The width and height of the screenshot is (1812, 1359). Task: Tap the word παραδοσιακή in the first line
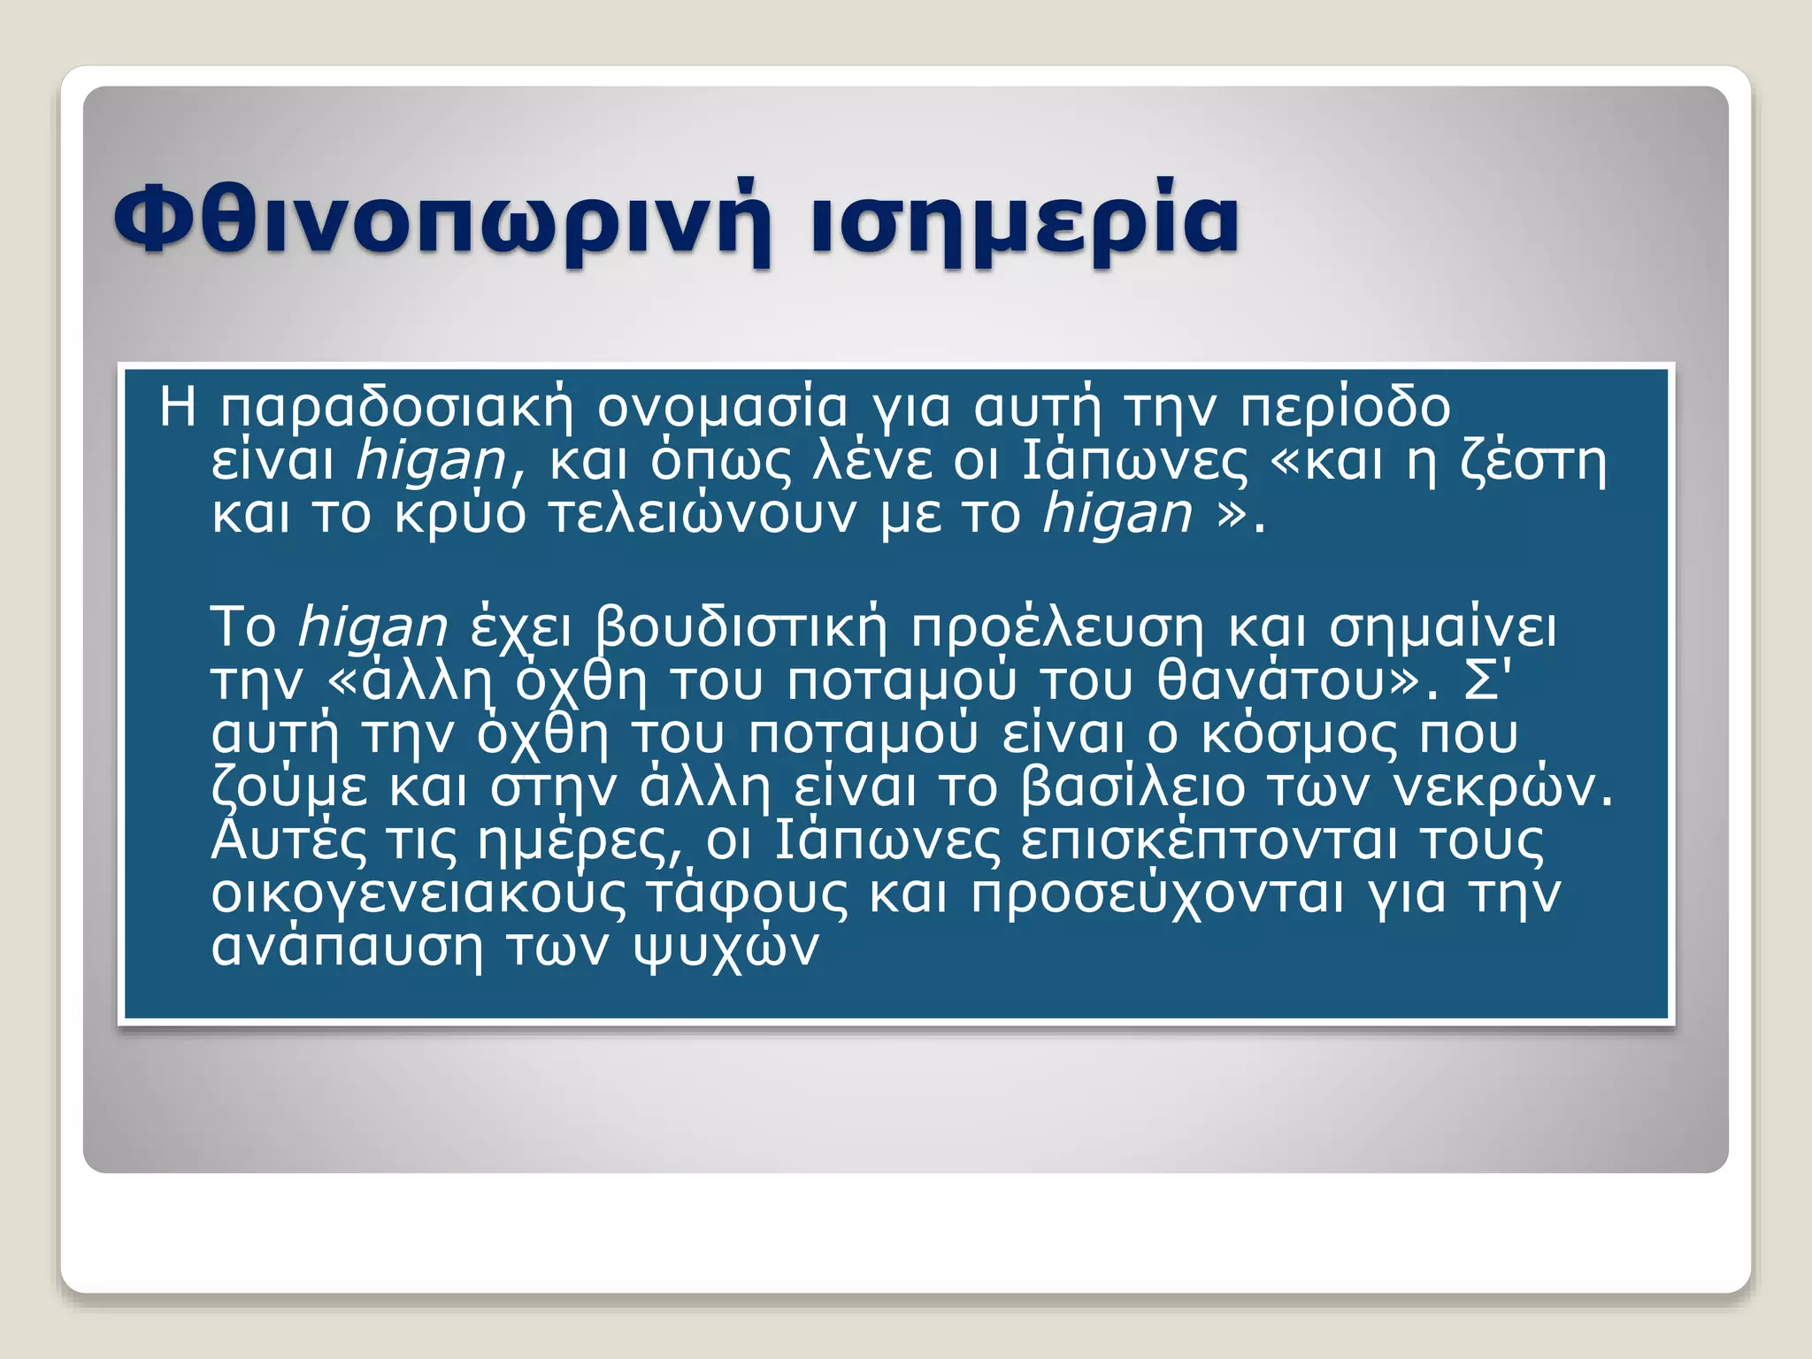(x=397, y=409)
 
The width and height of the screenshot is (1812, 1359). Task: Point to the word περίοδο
(x=1345, y=409)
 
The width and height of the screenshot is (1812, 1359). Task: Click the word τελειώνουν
(x=703, y=515)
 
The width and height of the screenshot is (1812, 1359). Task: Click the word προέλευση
(x=1057, y=628)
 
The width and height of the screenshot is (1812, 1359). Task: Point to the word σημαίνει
(x=1442, y=628)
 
